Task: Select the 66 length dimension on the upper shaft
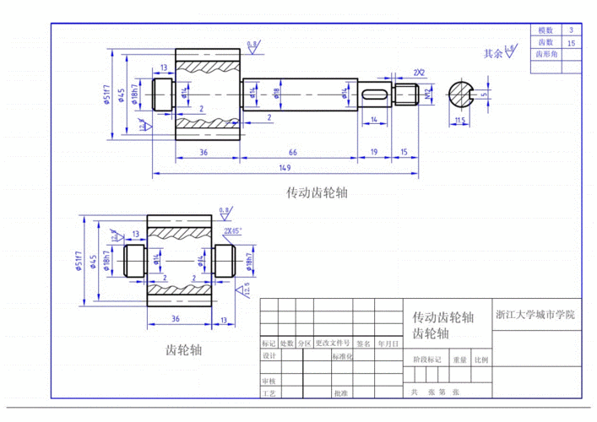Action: (291, 151)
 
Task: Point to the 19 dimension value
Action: (373, 151)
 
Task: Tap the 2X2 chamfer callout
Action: (419, 73)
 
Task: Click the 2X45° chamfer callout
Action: (232, 230)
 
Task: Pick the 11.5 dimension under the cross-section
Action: (459, 122)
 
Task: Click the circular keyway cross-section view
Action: (460, 95)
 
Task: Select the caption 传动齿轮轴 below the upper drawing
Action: (317, 193)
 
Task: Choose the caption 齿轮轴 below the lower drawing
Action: (183, 349)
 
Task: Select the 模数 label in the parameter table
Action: (545, 30)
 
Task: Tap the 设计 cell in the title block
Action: (269, 356)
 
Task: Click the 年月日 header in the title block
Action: (388, 344)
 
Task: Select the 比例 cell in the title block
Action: (481, 360)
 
